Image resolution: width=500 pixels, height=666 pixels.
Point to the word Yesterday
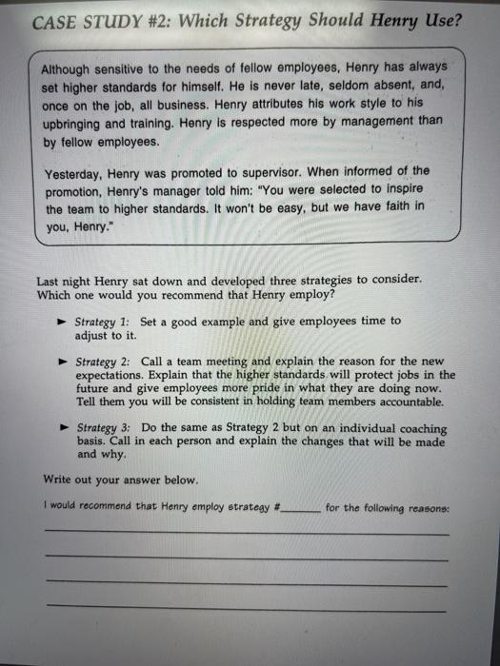(x=77, y=173)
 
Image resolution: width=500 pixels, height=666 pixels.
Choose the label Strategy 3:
(x=107, y=428)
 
